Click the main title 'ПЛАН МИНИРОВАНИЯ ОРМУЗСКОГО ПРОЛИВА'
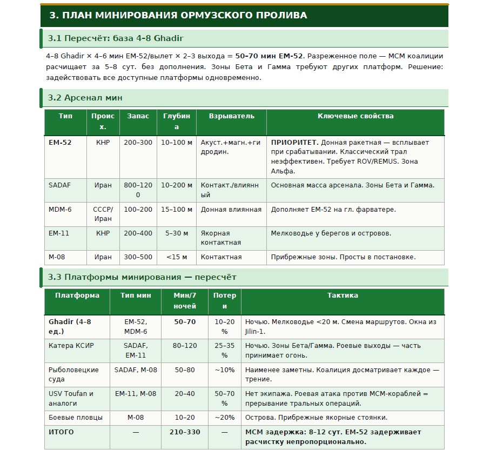point(178,15)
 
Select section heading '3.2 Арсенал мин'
point(85,98)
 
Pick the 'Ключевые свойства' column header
point(355,116)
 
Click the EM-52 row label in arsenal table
point(59,143)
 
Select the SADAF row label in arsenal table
point(59,185)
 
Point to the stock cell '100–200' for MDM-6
point(138,209)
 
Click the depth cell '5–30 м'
point(176,233)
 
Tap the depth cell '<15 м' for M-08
point(176,257)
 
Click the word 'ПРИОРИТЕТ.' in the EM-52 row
point(294,143)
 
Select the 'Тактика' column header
point(343,295)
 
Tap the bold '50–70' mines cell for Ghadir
point(185,322)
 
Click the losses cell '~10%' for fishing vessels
point(224,370)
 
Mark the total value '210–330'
point(185,432)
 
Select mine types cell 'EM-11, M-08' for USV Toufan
point(136,394)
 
